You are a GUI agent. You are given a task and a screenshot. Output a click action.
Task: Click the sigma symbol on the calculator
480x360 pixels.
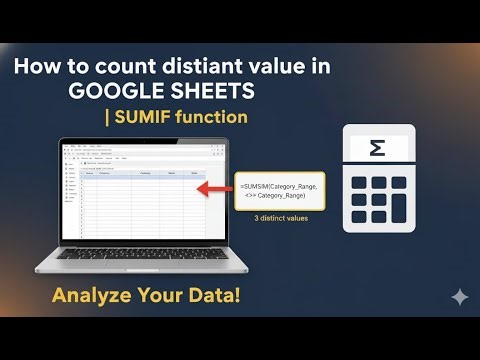click(x=378, y=149)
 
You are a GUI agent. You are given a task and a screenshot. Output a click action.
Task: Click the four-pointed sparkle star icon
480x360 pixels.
click(x=459, y=298)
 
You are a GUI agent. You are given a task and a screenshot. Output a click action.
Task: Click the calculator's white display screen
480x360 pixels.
click(x=378, y=149)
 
